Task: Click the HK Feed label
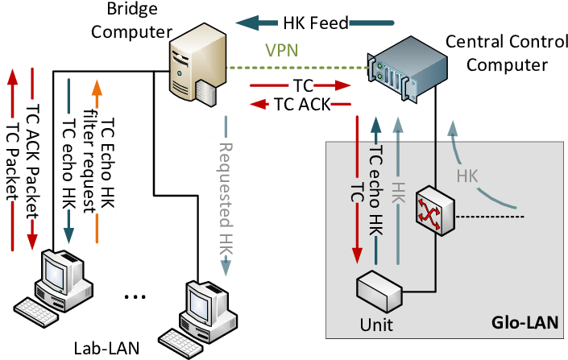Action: (x=313, y=23)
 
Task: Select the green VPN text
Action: (x=282, y=51)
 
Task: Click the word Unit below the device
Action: (x=377, y=325)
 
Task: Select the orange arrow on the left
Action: (x=97, y=161)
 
